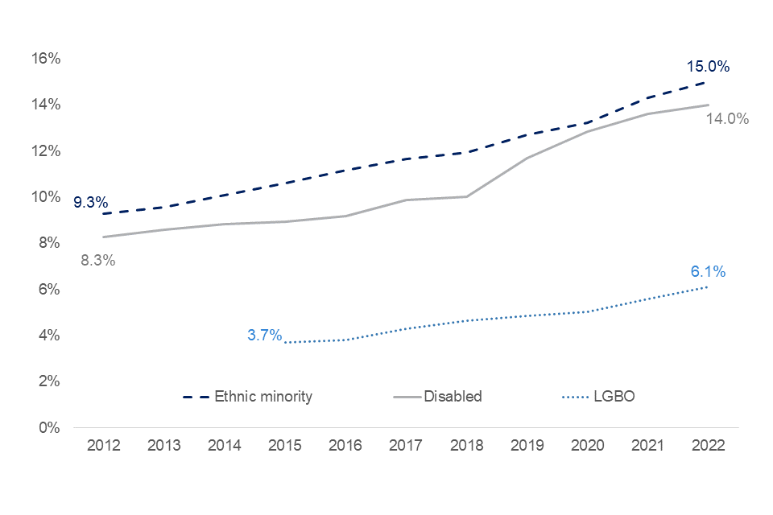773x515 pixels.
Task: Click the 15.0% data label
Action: click(708, 67)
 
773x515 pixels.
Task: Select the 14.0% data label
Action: click(727, 119)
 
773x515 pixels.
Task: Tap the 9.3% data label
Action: click(90, 203)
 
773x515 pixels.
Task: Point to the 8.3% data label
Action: click(98, 260)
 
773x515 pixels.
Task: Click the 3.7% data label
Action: click(265, 336)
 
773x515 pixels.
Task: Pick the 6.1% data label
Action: click(708, 272)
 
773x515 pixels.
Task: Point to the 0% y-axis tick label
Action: click(51, 427)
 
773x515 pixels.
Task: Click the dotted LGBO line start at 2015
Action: click(286, 342)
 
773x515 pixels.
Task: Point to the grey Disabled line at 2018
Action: click(467, 196)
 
